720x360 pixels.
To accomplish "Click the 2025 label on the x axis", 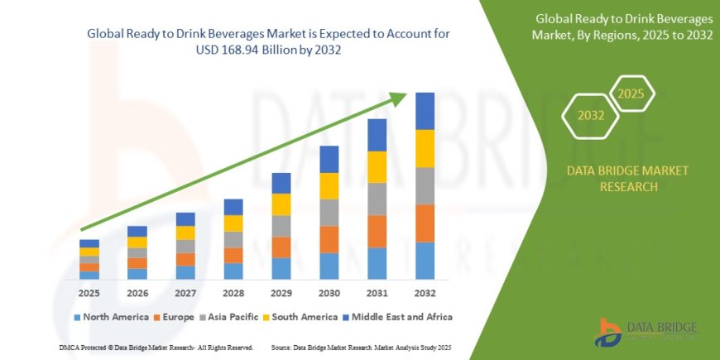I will coord(89,294).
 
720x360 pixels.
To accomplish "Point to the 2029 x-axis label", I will coord(281,294).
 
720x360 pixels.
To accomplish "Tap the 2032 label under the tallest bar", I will coord(425,294).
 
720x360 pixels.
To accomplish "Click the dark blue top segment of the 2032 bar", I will coord(425,111).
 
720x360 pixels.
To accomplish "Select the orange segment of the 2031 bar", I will coord(377,231).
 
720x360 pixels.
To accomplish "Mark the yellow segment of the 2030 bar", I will coord(329,185).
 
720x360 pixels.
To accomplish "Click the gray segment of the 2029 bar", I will coord(281,226).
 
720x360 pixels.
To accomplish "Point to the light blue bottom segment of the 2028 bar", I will coord(233,271).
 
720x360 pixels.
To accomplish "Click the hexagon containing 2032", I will coord(589,116).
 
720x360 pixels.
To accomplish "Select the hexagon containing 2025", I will coord(631,94).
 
